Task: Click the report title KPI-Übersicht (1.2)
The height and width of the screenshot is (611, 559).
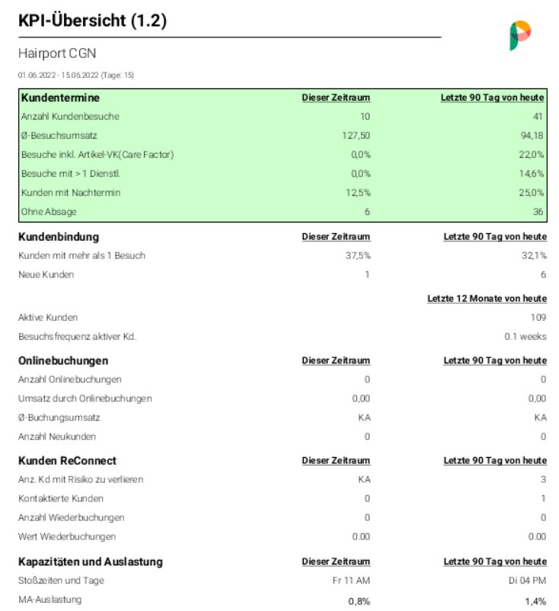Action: (x=92, y=21)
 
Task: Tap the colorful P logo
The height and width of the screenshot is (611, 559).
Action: (x=520, y=35)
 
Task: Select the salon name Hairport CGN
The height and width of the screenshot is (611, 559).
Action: (x=57, y=54)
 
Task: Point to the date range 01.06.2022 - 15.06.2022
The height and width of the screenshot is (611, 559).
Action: (x=76, y=75)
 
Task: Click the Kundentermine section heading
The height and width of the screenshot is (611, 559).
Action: (x=60, y=98)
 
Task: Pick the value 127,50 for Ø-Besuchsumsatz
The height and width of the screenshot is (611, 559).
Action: (x=356, y=136)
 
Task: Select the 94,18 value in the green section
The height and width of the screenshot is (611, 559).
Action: (x=534, y=136)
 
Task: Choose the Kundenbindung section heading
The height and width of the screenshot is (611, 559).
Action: (x=59, y=237)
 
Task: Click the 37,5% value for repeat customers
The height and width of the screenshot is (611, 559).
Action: (x=357, y=255)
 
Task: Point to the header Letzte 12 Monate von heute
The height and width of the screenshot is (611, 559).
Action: (x=487, y=298)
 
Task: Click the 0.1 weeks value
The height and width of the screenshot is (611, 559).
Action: (x=525, y=336)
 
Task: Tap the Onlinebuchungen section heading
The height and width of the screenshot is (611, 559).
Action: (x=63, y=360)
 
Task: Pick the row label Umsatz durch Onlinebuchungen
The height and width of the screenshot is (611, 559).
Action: (x=85, y=398)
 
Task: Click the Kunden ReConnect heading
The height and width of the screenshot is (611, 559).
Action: (x=67, y=461)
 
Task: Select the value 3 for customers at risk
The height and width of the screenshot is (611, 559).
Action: (x=543, y=479)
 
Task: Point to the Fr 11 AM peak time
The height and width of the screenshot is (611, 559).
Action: (x=353, y=581)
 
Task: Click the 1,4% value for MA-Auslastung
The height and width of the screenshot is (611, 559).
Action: (x=535, y=601)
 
